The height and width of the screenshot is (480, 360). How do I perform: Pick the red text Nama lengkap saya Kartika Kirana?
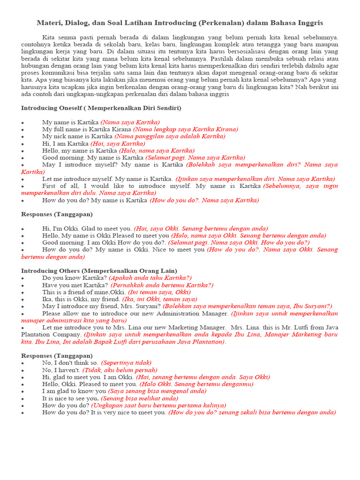186,129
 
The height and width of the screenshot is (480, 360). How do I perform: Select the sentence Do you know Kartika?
75,278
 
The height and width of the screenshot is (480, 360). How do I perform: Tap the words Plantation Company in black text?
45,335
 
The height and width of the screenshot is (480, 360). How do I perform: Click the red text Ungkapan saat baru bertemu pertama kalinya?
158,405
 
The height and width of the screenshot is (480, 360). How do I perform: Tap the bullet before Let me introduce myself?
22,179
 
